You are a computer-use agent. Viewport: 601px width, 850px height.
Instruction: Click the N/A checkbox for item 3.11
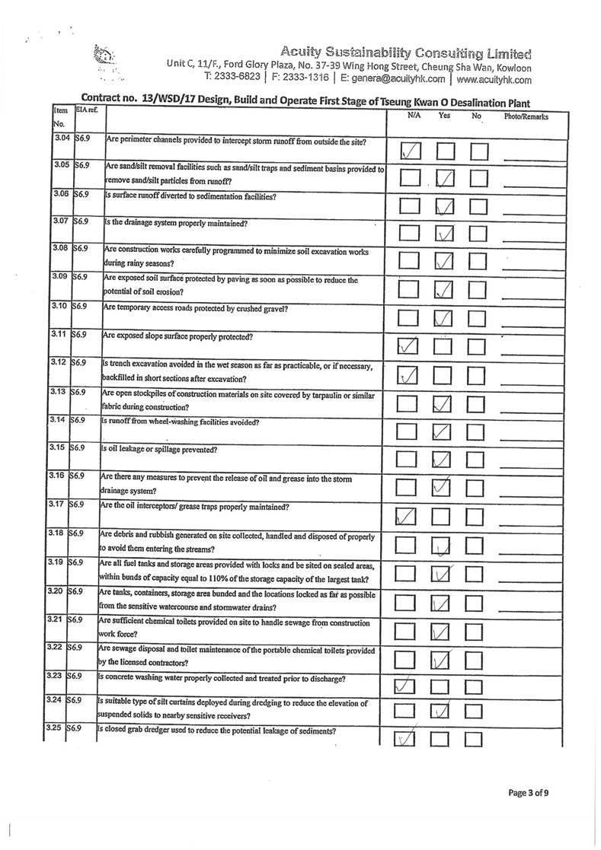410,347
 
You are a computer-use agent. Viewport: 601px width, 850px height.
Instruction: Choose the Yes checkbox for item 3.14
444,432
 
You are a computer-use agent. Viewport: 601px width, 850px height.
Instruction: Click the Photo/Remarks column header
526,116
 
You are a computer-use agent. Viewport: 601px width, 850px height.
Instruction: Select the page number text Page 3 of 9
528,793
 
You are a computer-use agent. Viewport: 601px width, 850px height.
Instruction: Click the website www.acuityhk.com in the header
494,78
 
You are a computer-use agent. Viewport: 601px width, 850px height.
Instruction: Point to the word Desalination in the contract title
468,103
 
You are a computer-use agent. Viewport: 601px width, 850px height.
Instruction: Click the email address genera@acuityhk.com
392,78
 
